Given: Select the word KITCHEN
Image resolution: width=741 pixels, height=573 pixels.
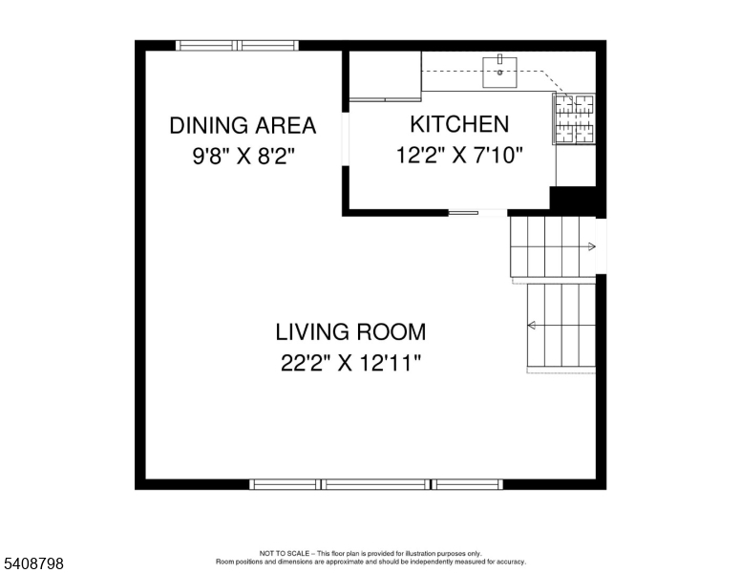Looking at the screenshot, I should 459,123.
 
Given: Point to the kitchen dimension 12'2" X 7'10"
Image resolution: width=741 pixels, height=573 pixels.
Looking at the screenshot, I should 459,155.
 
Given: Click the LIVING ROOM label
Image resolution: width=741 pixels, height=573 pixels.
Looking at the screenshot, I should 350,332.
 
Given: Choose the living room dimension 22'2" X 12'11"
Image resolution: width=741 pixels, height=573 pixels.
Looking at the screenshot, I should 350,363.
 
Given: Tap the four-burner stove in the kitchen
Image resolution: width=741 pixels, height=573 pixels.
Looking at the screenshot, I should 574,118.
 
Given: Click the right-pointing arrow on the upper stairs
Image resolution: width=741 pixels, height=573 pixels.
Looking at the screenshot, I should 591,246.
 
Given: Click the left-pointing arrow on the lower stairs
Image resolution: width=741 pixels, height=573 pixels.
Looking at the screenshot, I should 531,327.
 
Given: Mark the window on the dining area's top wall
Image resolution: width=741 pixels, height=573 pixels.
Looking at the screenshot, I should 238,45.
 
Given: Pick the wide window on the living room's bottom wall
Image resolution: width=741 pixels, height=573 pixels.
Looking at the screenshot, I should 376,484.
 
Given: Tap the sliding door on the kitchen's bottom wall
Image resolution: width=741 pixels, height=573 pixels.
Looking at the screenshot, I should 465,212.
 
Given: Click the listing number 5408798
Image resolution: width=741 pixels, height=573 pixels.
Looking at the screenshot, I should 32,564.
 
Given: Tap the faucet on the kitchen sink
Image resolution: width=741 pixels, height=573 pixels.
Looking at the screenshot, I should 499,59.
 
